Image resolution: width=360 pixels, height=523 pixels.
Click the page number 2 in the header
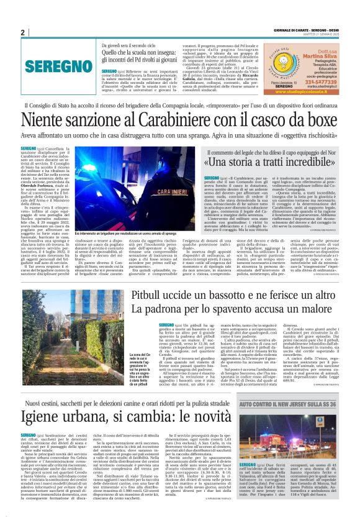22,32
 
